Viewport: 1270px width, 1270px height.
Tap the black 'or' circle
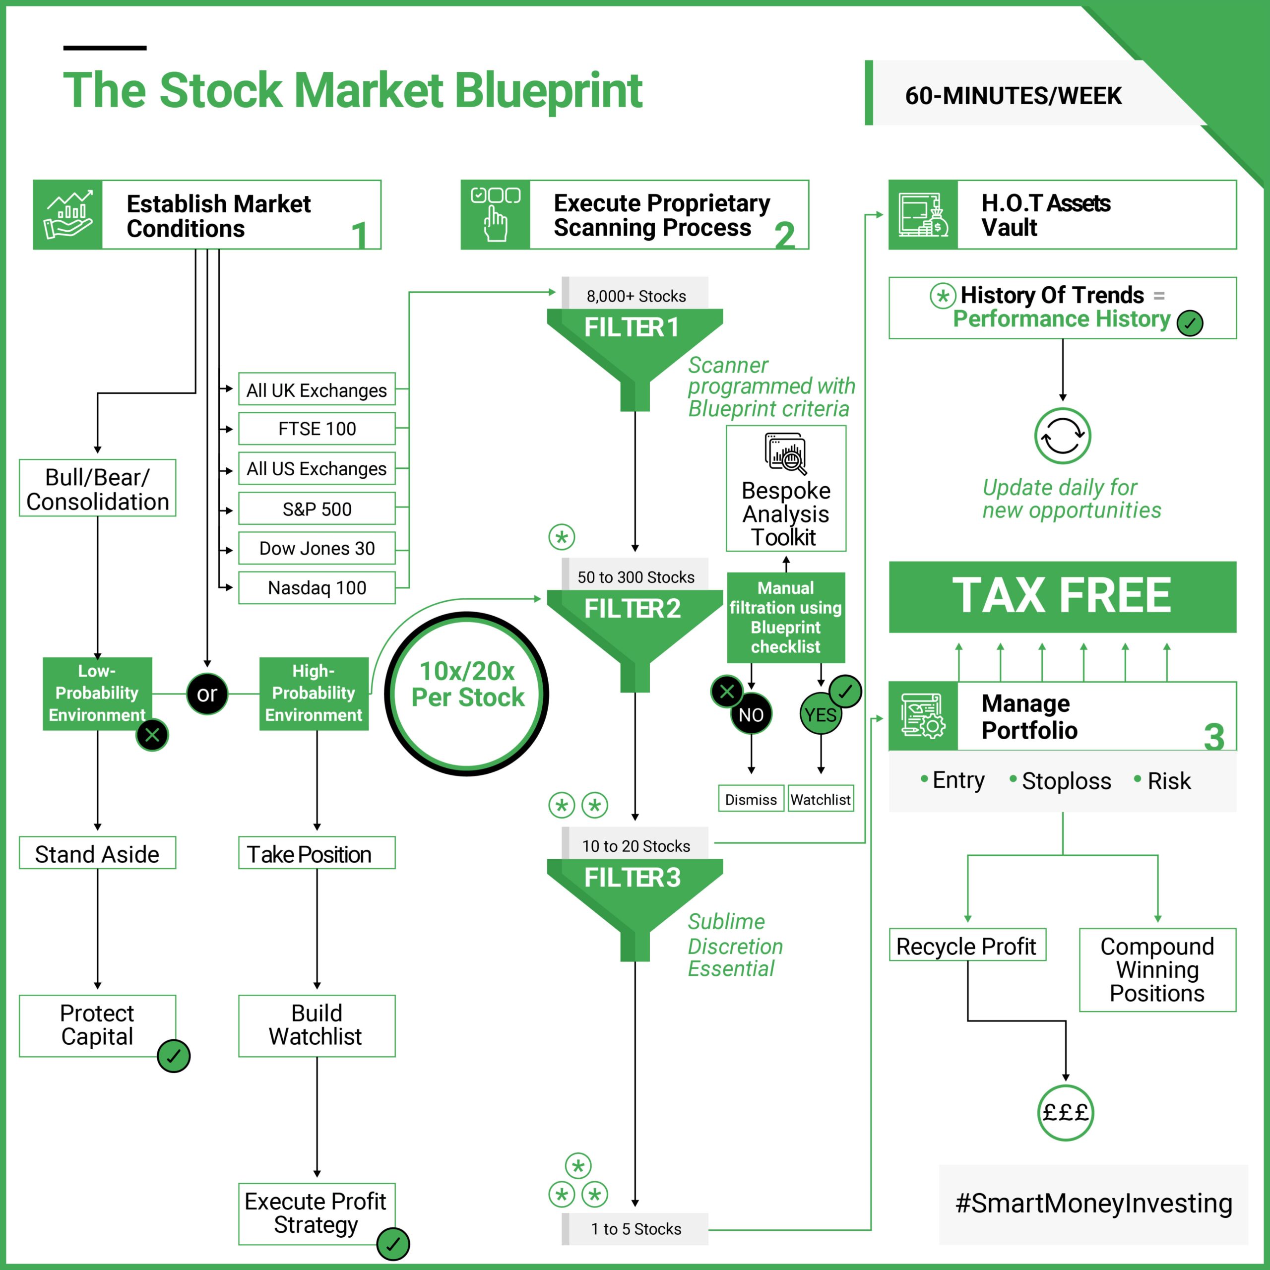(207, 694)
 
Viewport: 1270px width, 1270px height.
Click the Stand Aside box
(97, 853)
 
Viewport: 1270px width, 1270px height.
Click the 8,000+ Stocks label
(635, 296)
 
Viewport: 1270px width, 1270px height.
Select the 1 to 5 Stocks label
(635, 1229)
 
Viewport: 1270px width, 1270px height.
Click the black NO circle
(751, 714)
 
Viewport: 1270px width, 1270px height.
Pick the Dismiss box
(751, 799)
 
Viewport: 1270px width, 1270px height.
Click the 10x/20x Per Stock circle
(467, 694)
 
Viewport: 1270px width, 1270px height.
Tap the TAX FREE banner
(1062, 596)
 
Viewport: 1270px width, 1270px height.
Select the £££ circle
(1065, 1112)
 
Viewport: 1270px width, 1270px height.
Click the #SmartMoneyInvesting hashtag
(1093, 1203)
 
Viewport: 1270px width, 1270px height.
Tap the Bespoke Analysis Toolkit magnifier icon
(785, 453)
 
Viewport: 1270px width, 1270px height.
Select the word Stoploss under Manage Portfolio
(1066, 781)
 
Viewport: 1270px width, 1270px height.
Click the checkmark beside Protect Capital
(174, 1056)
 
